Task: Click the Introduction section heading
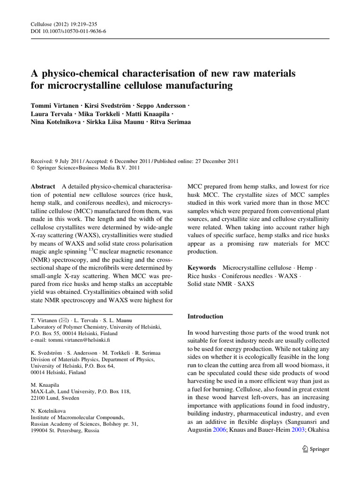(205, 316)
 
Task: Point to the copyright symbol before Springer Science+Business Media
(33, 166)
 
